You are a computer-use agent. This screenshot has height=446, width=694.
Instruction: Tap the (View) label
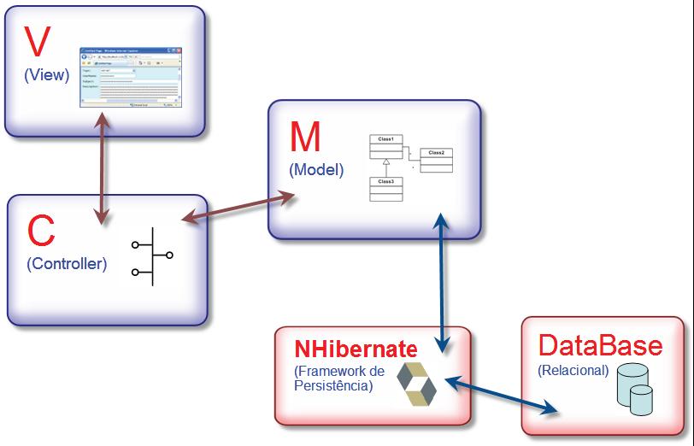pos(47,75)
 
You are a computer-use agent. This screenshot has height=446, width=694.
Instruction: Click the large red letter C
pos(42,231)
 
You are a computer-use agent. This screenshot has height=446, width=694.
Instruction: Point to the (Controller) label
pos(68,263)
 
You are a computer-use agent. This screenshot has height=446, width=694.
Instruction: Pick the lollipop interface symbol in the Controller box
pos(151,256)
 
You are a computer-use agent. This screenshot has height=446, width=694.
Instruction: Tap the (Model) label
pos(317,169)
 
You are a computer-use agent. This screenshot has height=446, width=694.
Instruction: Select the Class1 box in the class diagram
pos(385,146)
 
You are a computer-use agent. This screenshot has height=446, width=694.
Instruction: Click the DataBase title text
pos(600,346)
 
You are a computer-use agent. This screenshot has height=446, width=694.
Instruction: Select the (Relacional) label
pos(573,371)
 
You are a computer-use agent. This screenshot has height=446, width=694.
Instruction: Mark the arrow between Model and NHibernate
pos(441,282)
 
